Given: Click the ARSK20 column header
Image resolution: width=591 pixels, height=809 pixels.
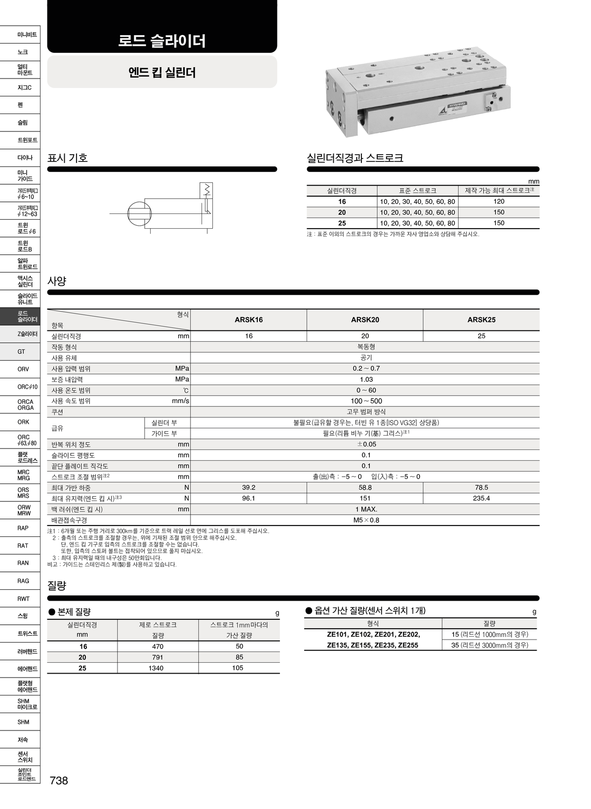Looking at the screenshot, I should click(365, 320).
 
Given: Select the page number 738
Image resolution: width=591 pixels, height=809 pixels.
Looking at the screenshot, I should click(59, 780).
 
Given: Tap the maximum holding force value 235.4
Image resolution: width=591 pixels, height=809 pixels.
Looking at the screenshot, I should click(481, 498).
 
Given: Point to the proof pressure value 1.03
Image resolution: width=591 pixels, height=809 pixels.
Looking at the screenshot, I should click(366, 379).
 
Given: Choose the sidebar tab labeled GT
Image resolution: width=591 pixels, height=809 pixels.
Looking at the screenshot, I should click(21, 352).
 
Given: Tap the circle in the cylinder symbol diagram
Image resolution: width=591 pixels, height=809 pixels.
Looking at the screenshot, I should click(142, 213).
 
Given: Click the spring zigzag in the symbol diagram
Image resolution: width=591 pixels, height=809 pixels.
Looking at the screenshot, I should click(207, 189).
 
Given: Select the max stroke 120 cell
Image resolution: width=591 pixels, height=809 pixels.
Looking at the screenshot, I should click(499, 202).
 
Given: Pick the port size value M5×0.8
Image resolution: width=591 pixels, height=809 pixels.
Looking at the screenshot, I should click(366, 520).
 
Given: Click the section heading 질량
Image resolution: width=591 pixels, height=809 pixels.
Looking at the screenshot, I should click(57, 586).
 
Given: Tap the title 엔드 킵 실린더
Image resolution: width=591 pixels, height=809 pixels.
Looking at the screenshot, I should click(162, 73).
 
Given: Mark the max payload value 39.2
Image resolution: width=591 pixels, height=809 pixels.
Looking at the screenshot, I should click(248, 487).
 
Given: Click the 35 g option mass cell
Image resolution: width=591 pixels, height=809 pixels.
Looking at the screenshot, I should click(489, 645).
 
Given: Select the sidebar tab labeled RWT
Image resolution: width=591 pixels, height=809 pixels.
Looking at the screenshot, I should click(23, 599).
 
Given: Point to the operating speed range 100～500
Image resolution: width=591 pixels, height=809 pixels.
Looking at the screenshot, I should click(366, 401).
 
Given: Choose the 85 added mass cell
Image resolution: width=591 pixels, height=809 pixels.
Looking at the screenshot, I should click(239, 657).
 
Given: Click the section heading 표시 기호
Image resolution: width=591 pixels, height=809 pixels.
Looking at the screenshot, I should click(68, 158).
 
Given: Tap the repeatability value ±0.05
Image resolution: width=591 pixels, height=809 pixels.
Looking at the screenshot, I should click(366, 444).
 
